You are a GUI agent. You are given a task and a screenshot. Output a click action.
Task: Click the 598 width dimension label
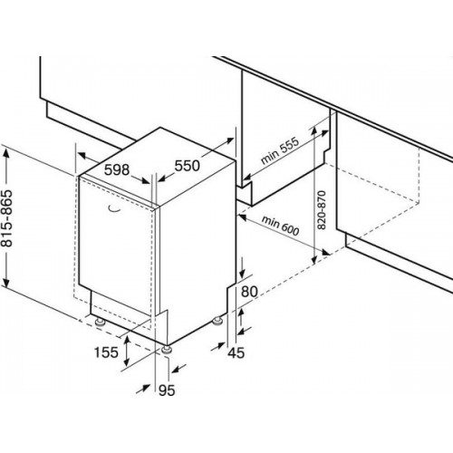pos(117,170)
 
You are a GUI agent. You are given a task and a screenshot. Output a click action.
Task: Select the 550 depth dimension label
pos(188,166)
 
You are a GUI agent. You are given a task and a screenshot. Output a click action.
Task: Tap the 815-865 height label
pos(6,218)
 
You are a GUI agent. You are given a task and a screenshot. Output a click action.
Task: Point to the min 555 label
pos(280,150)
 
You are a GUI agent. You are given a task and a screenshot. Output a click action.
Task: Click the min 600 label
pos(280,226)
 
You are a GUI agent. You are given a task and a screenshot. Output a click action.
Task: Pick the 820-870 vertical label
pos(323,210)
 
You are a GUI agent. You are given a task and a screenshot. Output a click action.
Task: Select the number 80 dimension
pos(249,292)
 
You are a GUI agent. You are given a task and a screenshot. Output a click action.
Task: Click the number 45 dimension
pos(236,352)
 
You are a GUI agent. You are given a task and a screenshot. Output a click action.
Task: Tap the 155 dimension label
pos(106,352)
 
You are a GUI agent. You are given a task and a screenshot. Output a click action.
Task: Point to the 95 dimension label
pos(167,390)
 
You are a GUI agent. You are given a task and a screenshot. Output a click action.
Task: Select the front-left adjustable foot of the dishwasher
pos(100,322)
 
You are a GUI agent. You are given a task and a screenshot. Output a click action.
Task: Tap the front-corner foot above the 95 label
pos(167,350)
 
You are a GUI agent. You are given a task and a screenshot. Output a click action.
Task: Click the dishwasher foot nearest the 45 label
pos(217,321)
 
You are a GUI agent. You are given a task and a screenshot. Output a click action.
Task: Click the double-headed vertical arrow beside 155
pos(127,351)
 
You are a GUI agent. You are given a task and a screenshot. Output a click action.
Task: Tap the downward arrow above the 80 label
pos(242,267)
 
